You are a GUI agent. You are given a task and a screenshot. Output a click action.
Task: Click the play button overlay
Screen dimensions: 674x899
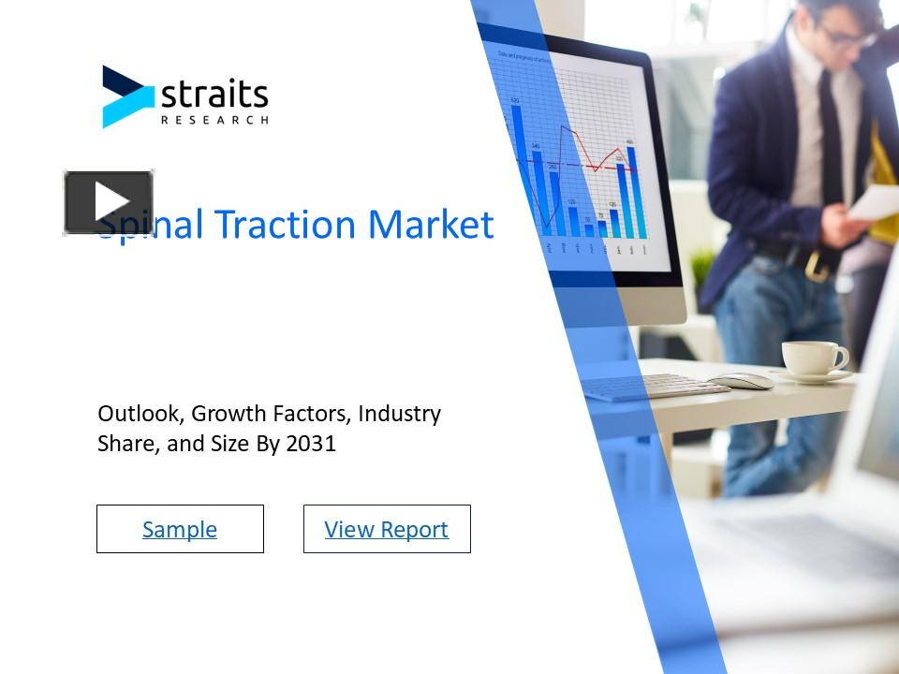click(109, 202)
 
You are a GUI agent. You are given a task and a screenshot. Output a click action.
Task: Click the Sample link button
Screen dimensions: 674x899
click(180, 529)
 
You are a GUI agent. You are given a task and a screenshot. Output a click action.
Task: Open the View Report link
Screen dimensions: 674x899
click(387, 529)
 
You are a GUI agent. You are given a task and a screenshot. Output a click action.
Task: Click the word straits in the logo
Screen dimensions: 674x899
click(214, 95)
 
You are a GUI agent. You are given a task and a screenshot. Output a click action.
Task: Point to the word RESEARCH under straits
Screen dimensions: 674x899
click(214, 120)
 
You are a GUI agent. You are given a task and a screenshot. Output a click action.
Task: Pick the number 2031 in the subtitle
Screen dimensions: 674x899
click(311, 443)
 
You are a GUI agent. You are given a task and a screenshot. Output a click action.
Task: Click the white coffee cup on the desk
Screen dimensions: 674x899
click(811, 358)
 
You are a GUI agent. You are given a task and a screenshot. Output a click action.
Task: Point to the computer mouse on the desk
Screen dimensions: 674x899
click(741, 380)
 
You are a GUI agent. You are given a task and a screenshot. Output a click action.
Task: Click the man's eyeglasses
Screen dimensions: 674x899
click(847, 36)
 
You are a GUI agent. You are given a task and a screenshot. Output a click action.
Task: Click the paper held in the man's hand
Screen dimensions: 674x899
click(876, 201)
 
